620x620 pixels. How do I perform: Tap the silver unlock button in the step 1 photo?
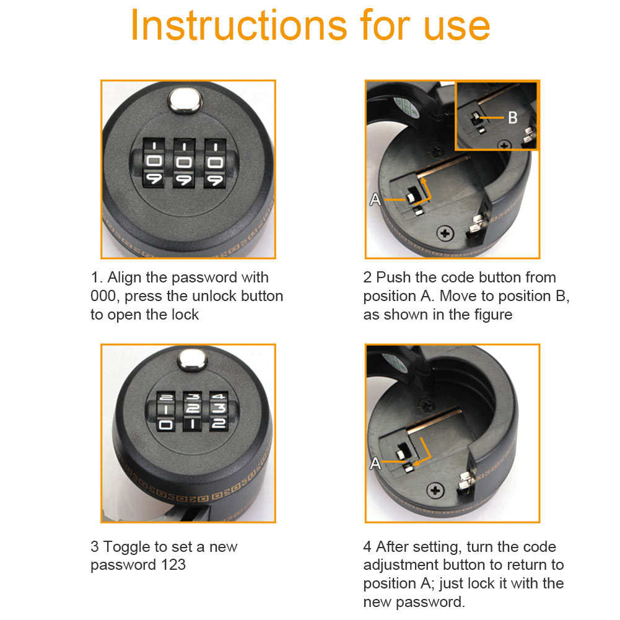(185, 100)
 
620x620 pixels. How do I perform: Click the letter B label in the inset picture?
(512, 118)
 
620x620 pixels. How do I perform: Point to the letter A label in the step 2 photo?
(375, 199)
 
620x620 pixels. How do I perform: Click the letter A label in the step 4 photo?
(375, 463)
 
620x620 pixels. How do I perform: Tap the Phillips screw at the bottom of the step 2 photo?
(445, 234)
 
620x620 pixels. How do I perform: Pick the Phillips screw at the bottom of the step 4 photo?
(435, 491)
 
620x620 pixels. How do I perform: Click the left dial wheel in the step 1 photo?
(154, 162)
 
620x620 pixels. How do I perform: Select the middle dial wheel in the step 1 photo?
(184, 163)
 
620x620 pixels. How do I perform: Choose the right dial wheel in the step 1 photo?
(215, 163)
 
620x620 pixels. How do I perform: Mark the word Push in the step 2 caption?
(393, 277)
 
